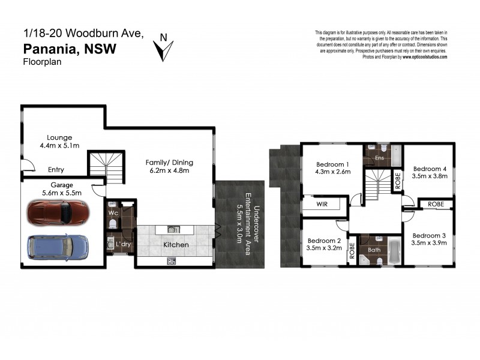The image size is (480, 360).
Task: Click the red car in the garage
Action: [x=58, y=212]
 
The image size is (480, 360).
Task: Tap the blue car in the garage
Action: [x=58, y=245]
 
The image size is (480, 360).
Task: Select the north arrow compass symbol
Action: [x=163, y=48]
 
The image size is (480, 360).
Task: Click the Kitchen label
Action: [x=176, y=245]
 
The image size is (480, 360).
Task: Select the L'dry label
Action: [x=123, y=245]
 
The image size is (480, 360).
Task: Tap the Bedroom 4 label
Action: [x=430, y=168]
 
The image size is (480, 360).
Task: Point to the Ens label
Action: [x=379, y=158]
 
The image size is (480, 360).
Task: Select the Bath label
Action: [x=374, y=250]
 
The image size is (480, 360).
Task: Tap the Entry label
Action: [x=56, y=170]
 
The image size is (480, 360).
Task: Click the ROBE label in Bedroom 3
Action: [x=436, y=204]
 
